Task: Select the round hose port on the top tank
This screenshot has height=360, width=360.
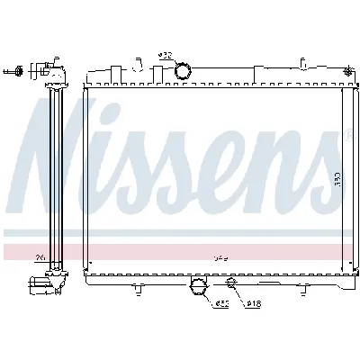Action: [183, 71]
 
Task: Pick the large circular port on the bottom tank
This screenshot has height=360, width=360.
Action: [200, 288]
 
